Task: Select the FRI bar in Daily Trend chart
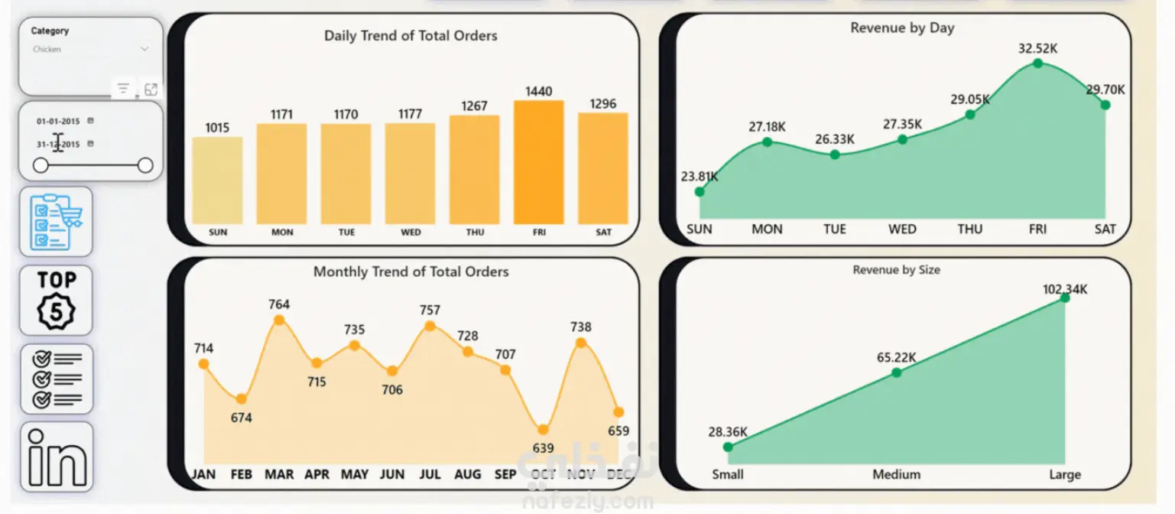tap(538, 162)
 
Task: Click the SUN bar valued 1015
tap(217, 181)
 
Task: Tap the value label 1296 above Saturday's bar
tap(603, 104)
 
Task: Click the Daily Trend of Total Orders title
tap(411, 36)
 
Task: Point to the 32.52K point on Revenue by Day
tap(1037, 63)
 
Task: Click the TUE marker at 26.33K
tap(835, 155)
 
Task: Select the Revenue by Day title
tap(902, 28)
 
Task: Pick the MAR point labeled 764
tap(279, 320)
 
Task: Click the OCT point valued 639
tap(543, 430)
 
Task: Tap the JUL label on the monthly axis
tap(430, 475)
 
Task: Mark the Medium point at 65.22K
tap(897, 372)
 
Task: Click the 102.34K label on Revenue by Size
tap(1064, 289)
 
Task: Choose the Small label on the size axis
tap(728, 475)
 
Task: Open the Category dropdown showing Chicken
tap(90, 49)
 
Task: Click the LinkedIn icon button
tap(57, 457)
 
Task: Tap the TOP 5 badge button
tap(57, 300)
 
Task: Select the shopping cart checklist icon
tap(56, 222)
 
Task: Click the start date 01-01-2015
tap(58, 121)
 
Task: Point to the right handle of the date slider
tap(145, 165)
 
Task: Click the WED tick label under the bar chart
tap(411, 233)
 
